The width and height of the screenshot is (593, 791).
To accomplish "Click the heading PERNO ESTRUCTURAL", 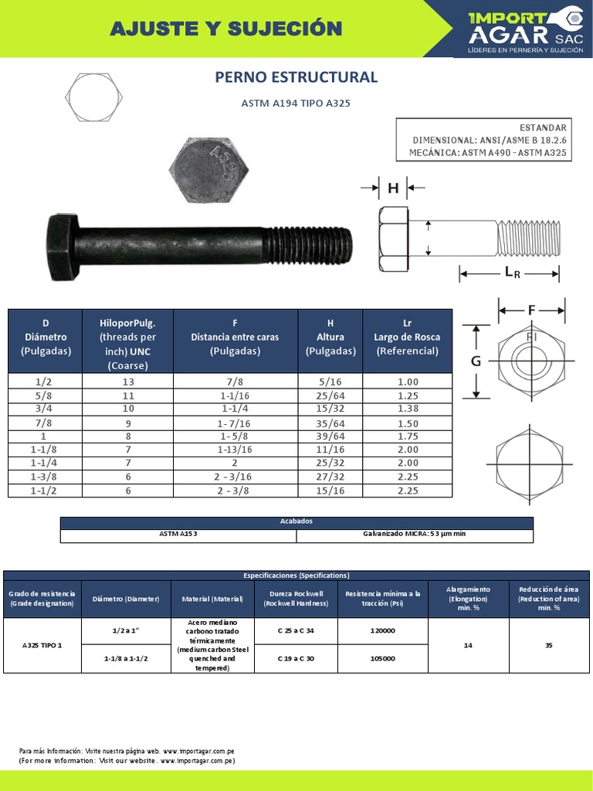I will [296, 77].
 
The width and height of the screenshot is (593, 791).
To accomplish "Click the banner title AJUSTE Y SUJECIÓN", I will [225, 29].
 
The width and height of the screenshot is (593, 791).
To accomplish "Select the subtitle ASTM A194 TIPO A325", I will [296, 104].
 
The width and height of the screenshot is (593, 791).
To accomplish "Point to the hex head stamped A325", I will [208, 169].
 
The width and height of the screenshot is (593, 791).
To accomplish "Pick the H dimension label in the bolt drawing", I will [392, 187].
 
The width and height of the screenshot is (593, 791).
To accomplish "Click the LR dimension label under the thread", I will [512, 272].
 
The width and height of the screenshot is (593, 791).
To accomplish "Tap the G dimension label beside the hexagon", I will [476, 362].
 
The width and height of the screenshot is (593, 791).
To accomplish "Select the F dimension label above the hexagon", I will [531, 310].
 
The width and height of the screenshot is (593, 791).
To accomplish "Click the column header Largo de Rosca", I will [407, 337].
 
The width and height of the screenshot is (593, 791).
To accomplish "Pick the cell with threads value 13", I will [128, 382].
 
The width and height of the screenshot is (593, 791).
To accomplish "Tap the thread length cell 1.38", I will [407, 408].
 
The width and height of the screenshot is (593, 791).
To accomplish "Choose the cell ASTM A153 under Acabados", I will [178, 535].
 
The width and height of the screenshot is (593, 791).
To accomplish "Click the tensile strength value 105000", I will [383, 658].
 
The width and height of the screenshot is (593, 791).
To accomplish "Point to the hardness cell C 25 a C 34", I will [296, 630].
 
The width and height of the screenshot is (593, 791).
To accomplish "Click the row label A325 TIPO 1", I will [42, 645].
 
